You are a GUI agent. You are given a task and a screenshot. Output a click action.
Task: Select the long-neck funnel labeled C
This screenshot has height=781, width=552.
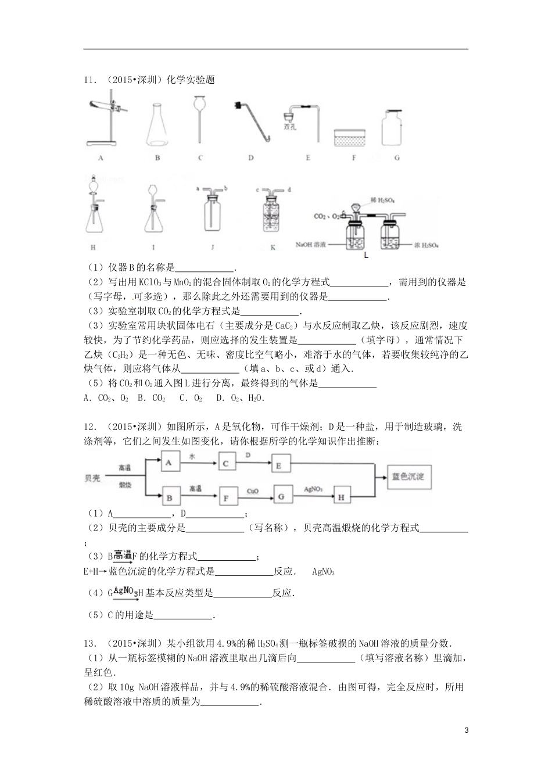tap(200, 119)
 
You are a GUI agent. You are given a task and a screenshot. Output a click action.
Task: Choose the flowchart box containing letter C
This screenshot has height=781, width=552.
tap(226, 463)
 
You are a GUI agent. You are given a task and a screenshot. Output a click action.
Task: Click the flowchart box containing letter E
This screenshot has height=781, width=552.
tap(279, 465)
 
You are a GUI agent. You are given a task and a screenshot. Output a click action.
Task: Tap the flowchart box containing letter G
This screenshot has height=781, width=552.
tap(282, 497)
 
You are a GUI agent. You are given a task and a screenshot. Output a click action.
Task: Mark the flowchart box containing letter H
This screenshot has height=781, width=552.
tap(342, 497)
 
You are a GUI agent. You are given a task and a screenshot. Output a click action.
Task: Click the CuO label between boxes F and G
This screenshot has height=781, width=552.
tap(252, 491)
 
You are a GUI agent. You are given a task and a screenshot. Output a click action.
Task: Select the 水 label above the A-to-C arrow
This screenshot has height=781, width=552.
tap(189, 457)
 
